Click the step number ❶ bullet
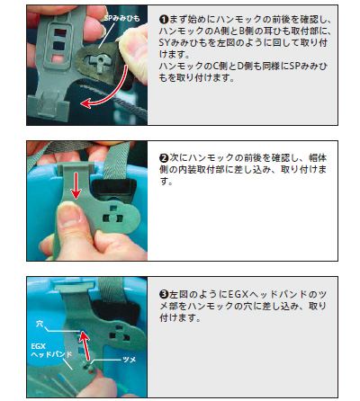(164, 20)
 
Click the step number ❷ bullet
(164, 157)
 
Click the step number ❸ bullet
(164, 294)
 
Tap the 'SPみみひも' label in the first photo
(121, 19)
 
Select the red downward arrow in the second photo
(76, 185)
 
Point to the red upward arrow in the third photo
(85, 345)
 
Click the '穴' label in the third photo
(40, 324)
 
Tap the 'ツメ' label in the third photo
(130, 360)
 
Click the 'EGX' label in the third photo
(38, 346)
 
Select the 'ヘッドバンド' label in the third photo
(51, 354)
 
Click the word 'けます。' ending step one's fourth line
(175, 54)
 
